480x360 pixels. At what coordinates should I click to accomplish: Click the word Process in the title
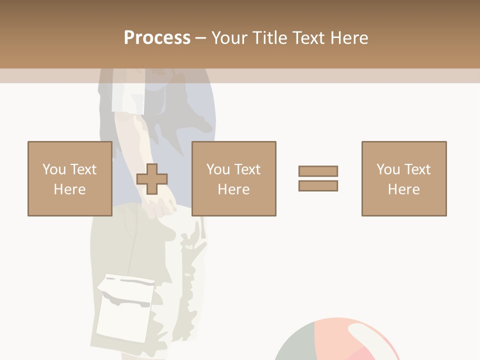coord(157,38)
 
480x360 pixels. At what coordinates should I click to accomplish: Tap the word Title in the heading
coord(270,38)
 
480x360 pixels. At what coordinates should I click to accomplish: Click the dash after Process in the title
coord(200,38)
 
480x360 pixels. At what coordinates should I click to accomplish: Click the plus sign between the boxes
coord(152,179)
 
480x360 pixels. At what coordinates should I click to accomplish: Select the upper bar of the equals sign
coord(318,171)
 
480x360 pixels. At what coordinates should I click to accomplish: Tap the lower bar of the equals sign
coord(318,185)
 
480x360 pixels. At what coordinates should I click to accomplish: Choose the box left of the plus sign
coord(69,178)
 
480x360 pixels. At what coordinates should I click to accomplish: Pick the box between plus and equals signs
coord(233,178)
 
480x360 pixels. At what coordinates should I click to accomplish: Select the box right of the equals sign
coord(403,178)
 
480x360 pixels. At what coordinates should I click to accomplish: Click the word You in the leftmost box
coord(54,169)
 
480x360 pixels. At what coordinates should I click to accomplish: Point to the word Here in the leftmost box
coord(69,189)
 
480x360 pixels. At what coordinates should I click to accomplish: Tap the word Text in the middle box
coord(247,169)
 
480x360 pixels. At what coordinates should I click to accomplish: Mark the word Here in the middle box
coord(233,189)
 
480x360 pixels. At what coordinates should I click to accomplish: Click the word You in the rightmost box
coord(388,169)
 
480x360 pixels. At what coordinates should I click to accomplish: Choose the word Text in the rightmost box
coord(417,169)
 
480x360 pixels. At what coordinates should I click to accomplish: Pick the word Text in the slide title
coord(307,38)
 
